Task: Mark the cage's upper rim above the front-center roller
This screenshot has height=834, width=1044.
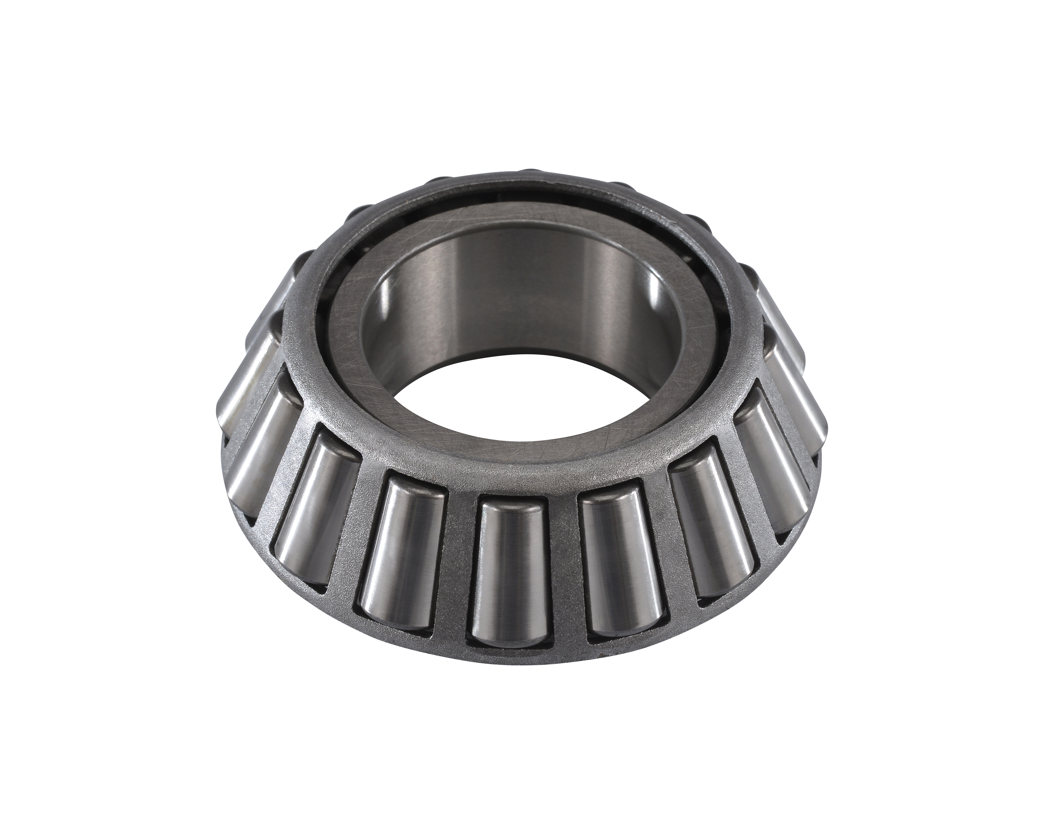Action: coord(508,477)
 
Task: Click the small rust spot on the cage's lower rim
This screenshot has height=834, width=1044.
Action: coord(600,657)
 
